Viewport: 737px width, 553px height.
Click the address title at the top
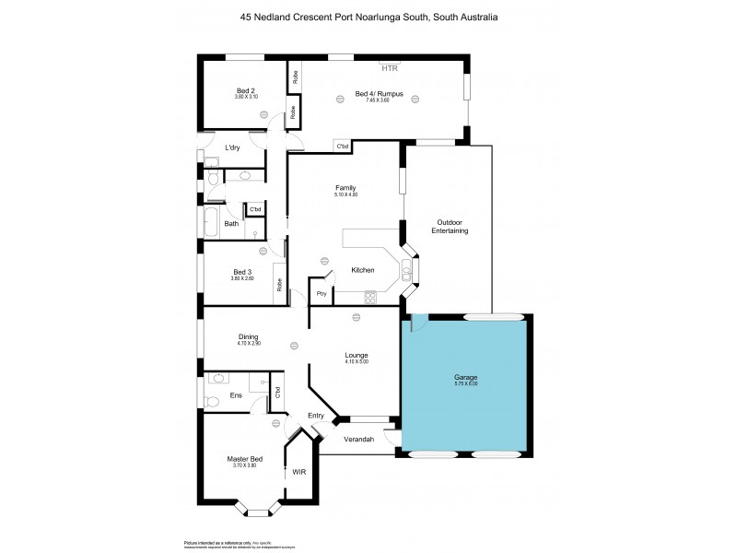click(x=368, y=17)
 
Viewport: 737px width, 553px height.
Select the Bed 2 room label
click(x=245, y=90)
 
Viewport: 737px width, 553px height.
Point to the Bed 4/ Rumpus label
click(x=380, y=93)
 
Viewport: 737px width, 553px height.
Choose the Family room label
click(x=345, y=188)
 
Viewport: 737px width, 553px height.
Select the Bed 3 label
click(x=242, y=272)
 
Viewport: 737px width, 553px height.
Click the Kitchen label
click(x=362, y=270)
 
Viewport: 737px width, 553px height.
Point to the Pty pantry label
click(x=321, y=294)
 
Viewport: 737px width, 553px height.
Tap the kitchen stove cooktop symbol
click(x=370, y=297)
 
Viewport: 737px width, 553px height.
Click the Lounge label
click(x=357, y=355)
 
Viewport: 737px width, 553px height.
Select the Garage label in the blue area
click(x=465, y=377)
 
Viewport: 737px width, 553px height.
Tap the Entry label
click(x=315, y=415)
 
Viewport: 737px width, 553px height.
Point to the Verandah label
click(x=359, y=440)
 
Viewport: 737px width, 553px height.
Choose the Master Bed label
click(x=244, y=459)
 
